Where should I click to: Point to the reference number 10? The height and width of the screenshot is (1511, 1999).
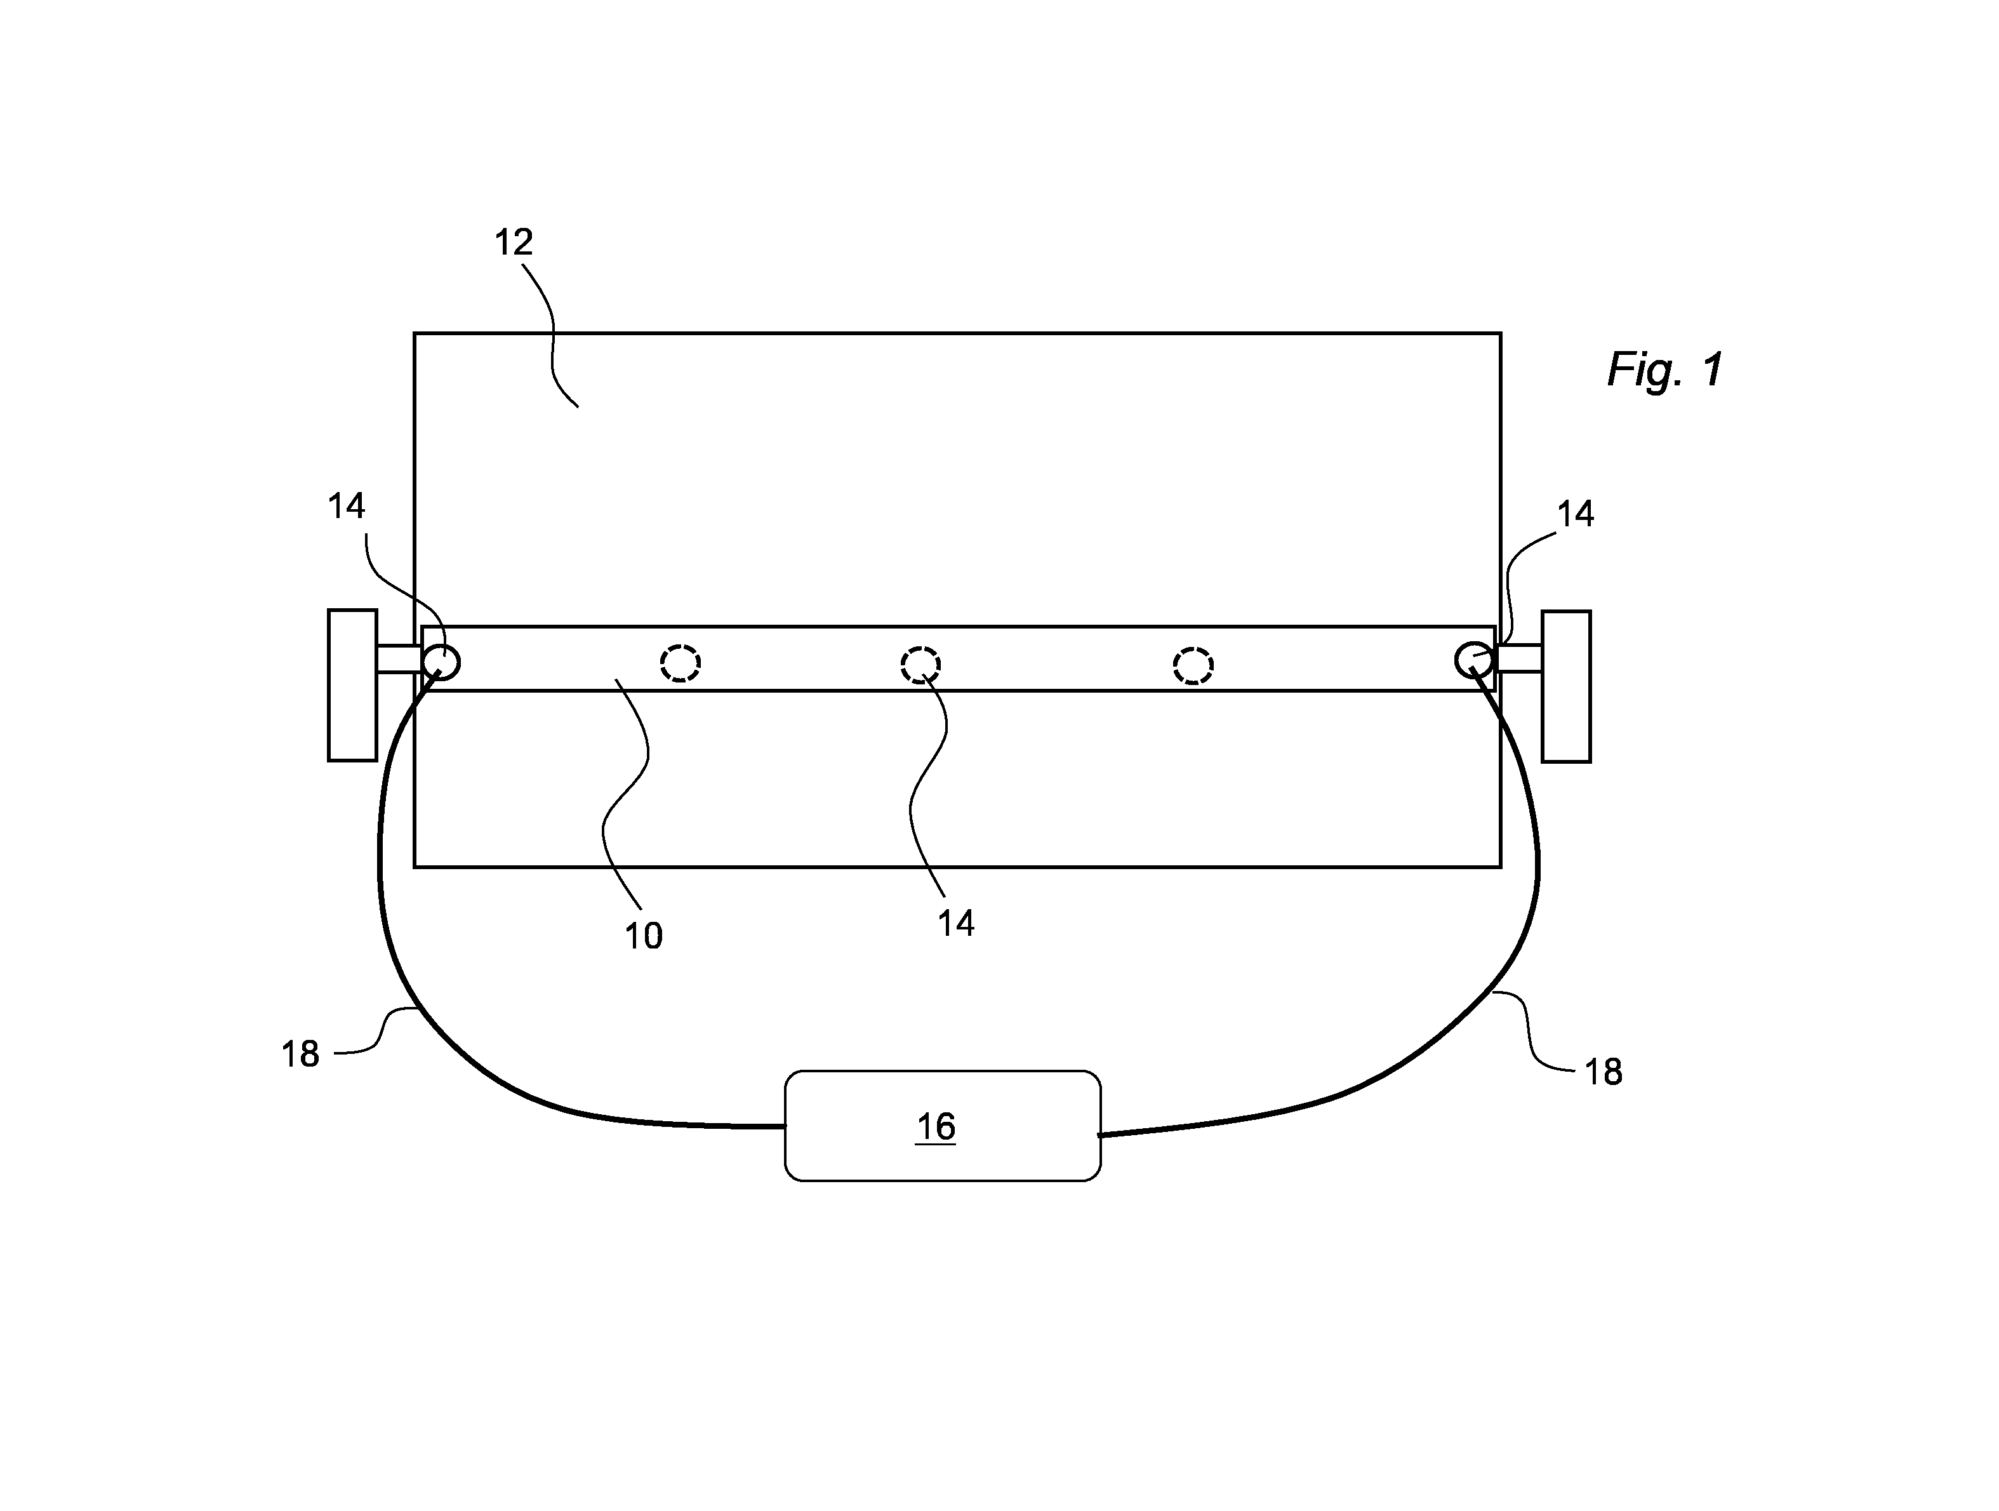(644, 936)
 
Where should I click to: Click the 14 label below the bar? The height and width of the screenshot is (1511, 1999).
(955, 924)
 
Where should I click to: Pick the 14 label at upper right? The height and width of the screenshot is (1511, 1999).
(1575, 514)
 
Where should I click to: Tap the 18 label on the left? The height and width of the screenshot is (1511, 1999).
(300, 1055)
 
